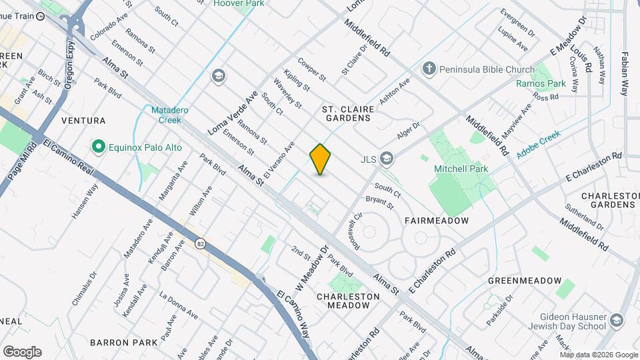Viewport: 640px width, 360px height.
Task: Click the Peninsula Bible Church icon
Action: (x=429, y=69)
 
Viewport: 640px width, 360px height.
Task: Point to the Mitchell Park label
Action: (x=461, y=169)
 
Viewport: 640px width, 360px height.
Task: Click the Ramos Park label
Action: (x=541, y=84)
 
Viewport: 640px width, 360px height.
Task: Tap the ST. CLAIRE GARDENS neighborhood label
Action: (x=346, y=113)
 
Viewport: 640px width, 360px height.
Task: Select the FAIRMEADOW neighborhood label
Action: (x=437, y=220)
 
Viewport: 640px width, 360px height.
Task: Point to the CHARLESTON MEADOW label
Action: (x=343, y=301)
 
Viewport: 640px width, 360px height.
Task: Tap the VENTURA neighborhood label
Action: (x=83, y=121)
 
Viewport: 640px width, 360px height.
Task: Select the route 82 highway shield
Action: (x=200, y=245)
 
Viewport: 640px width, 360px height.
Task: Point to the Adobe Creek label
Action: (x=538, y=144)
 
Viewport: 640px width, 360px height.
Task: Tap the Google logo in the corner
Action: (x=22, y=351)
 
